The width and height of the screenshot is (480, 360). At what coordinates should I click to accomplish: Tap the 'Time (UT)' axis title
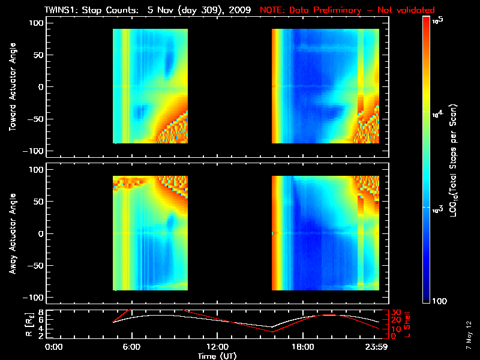click(217, 356)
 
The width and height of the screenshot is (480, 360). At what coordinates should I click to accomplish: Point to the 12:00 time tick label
click(217, 347)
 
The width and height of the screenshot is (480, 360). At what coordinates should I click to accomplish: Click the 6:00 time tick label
click(131, 347)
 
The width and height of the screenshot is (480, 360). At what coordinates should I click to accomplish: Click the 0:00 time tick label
click(54, 347)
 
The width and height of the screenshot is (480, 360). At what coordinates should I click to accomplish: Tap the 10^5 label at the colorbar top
click(437, 20)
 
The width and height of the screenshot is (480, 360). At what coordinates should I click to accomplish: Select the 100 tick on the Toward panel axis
click(37, 23)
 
